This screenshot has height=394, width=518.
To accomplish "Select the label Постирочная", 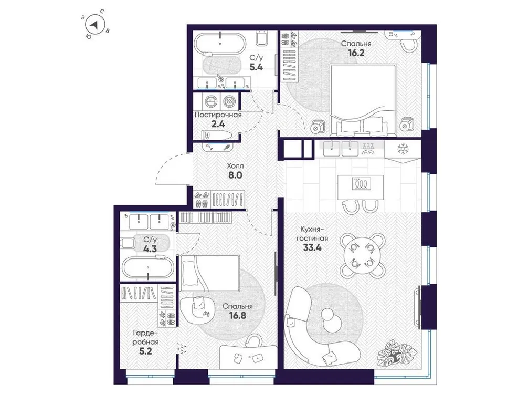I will (218, 115).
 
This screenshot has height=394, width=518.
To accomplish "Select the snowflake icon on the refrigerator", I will (403, 149).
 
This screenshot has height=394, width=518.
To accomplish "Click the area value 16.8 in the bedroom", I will (237, 316).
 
